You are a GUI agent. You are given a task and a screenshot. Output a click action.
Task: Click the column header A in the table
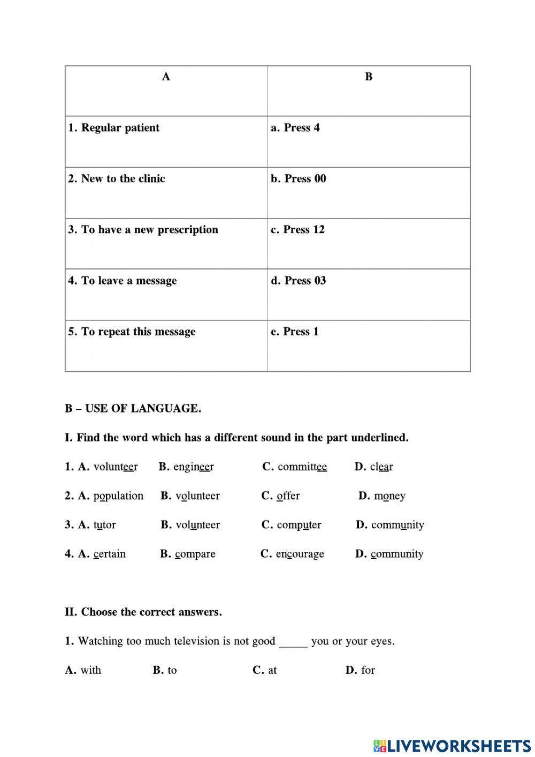coord(166,77)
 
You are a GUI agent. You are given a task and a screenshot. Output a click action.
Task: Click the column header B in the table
coord(369,77)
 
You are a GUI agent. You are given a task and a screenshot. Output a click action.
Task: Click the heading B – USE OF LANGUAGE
coord(133,409)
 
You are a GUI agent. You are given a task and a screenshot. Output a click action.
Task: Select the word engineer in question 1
coord(193,467)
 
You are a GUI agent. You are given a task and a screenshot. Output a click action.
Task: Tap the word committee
coord(302,467)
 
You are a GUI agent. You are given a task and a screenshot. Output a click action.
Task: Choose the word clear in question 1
coord(381,467)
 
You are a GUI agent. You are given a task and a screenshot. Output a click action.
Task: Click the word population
coord(118,496)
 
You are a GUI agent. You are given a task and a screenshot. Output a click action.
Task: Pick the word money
coord(389,496)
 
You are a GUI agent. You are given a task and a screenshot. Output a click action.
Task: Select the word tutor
coord(104,525)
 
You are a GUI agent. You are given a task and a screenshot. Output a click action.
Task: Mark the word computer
coord(299,525)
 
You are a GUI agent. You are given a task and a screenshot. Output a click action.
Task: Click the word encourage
coord(300,554)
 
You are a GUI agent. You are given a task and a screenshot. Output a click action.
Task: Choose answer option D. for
coord(361,670)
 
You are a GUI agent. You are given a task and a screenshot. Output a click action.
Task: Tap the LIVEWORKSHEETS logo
coord(452,745)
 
